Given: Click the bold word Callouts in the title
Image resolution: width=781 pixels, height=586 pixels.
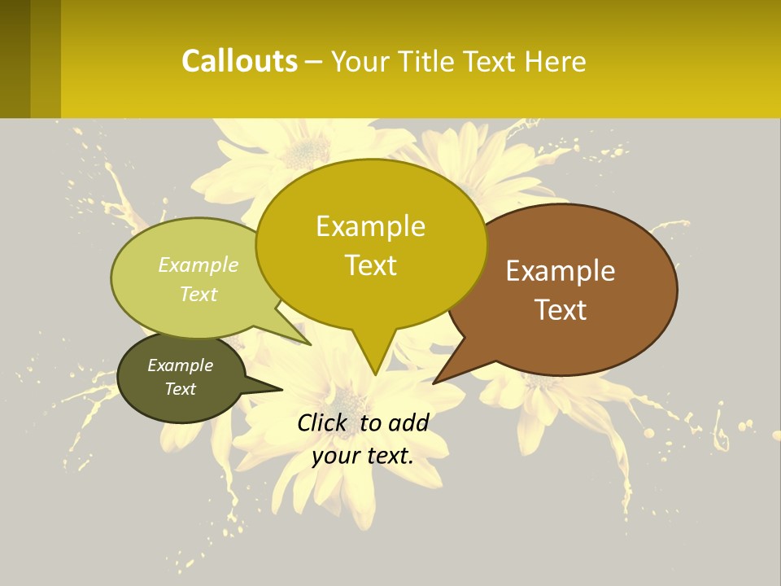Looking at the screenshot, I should [x=239, y=61].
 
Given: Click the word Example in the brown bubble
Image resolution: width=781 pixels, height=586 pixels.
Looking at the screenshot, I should [x=561, y=271].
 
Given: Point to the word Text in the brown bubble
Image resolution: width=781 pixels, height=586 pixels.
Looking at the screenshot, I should [x=561, y=310].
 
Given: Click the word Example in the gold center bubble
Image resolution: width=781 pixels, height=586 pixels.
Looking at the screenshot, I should [x=370, y=226].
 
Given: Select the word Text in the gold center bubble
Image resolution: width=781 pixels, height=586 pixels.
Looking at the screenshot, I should [x=370, y=265].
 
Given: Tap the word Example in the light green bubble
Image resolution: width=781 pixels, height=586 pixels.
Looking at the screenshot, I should [x=199, y=265].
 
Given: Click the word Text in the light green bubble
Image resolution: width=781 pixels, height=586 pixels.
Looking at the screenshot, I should [x=199, y=294].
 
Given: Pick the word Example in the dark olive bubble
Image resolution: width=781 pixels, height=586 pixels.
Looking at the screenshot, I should [x=180, y=365].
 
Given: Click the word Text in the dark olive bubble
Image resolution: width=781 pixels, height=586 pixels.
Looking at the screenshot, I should [x=180, y=389].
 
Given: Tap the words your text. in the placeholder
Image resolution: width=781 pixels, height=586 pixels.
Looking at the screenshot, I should [x=363, y=456].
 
